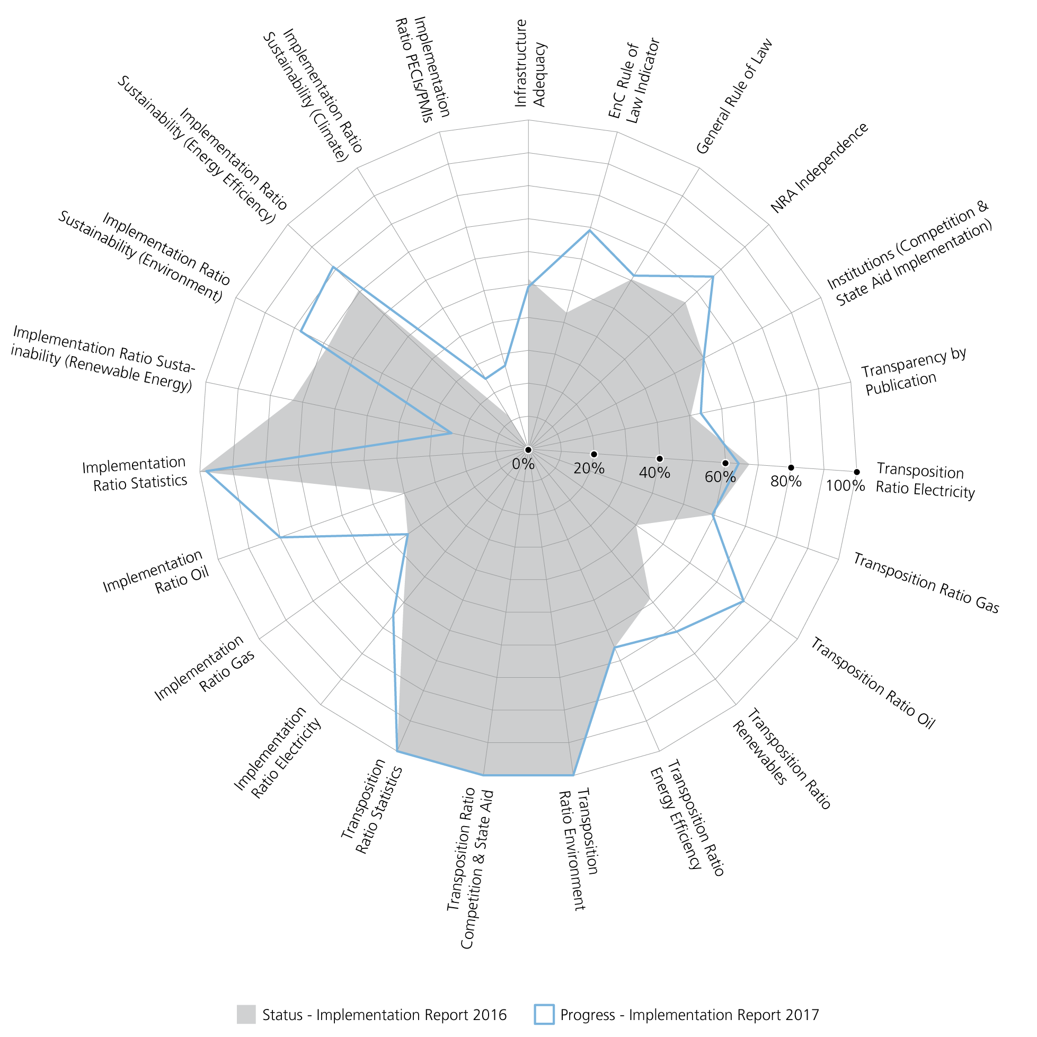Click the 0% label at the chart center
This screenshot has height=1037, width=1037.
tap(523, 464)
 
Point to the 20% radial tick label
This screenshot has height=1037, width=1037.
tap(589, 468)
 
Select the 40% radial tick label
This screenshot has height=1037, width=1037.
tap(654, 473)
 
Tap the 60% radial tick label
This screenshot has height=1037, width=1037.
tap(720, 476)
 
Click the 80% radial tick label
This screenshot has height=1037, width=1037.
tap(786, 481)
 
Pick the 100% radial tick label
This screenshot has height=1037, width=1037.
tap(845, 486)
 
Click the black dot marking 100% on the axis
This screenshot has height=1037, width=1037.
tap(857, 472)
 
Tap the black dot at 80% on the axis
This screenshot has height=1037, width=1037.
tap(791, 467)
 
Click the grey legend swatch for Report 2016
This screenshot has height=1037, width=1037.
tap(246, 1014)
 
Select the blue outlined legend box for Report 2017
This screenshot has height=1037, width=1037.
tap(544, 1014)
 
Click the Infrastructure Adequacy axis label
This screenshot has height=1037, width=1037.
tap(530, 64)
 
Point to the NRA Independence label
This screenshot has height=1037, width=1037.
tap(819, 167)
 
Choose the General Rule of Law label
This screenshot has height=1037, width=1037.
tap(734, 96)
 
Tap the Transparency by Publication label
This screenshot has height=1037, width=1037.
tap(914, 371)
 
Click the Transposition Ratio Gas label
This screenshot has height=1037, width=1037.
tap(926, 583)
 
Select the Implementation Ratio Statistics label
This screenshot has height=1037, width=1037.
tap(135, 473)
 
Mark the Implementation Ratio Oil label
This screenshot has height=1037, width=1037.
tap(156, 573)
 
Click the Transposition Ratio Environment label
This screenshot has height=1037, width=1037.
tap(578, 848)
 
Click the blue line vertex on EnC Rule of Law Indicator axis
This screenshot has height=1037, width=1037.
tap(589, 231)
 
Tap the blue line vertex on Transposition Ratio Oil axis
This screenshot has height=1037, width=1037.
tap(743, 602)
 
